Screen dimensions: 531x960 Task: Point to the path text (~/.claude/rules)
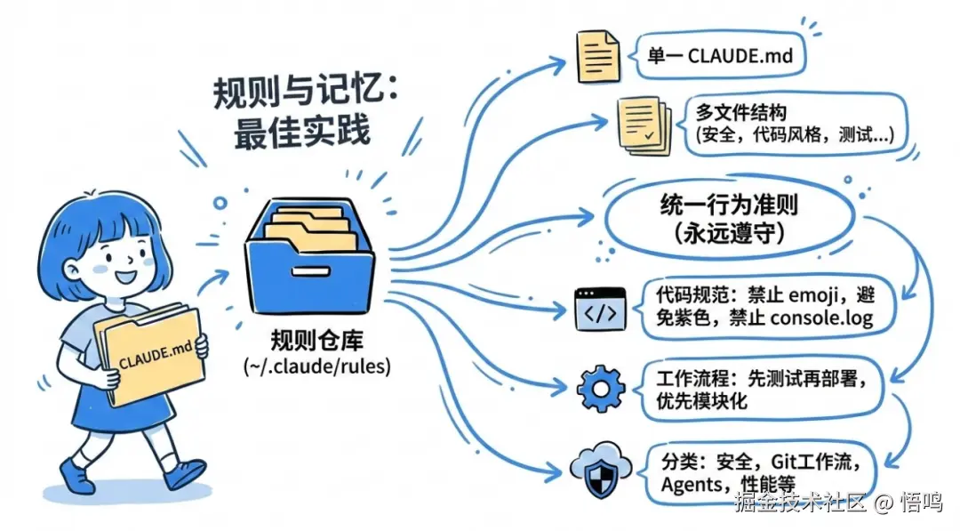pos(316,365)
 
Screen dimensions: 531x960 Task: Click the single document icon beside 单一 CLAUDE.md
pos(596,56)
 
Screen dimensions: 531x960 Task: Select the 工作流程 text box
pos(760,388)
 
